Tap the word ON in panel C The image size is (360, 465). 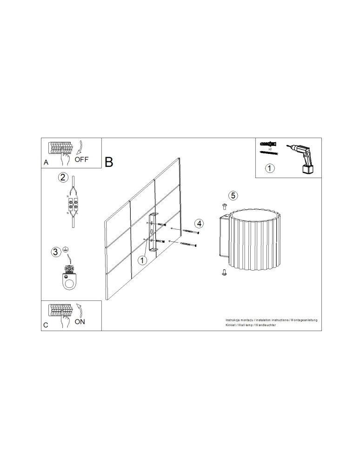click(x=80, y=321)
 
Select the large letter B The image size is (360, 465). click(x=109, y=162)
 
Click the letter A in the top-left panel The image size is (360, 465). click(x=46, y=163)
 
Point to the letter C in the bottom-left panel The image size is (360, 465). click(x=46, y=325)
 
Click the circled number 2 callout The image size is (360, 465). click(x=63, y=177)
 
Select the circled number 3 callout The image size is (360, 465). click(x=56, y=252)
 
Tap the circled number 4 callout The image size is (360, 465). click(x=199, y=223)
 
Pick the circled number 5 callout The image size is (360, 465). click(x=233, y=195)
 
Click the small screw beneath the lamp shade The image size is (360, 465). click(x=224, y=274)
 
